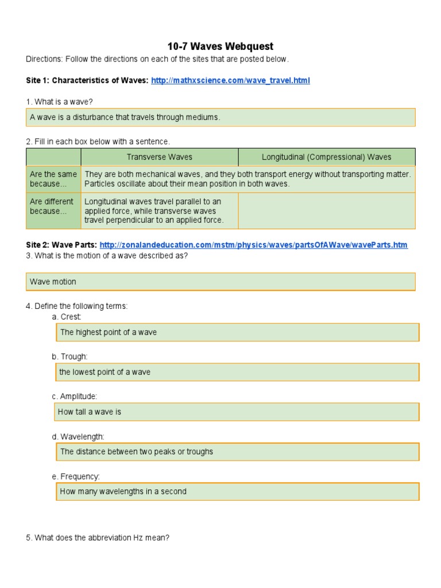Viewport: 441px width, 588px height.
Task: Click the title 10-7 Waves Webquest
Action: [220, 46]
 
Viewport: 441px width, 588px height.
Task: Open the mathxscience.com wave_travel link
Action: [230, 80]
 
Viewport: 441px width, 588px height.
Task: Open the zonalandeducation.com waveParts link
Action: [253, 245]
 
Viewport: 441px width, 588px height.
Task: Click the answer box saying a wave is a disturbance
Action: [220, 117]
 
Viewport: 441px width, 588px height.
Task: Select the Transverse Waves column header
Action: [159, 157]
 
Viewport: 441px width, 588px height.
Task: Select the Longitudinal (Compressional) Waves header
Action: [326, 157]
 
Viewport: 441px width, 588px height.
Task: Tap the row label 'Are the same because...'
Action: [53, 179]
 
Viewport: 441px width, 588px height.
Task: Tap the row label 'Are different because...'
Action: [52, 206]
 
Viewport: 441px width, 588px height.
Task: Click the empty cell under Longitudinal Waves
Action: [326, 211]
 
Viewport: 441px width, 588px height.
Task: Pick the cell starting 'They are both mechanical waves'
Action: [247, 179]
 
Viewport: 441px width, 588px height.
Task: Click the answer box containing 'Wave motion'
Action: [220, 282]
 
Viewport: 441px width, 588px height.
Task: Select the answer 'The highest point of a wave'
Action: [237, 332]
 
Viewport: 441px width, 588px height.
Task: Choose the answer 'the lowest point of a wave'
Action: [237, 372]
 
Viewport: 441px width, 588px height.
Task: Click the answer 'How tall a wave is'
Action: [237, 412]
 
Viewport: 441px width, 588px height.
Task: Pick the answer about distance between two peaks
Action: [237, 451]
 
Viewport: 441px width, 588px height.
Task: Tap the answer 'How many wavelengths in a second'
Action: [237, 492]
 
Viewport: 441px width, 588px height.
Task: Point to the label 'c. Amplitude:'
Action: [75, 397]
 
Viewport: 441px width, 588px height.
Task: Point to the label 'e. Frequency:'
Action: [76, 477]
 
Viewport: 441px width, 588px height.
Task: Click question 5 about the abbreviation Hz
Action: [98, 538]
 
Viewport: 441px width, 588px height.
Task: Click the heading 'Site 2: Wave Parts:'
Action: [61, 245]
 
